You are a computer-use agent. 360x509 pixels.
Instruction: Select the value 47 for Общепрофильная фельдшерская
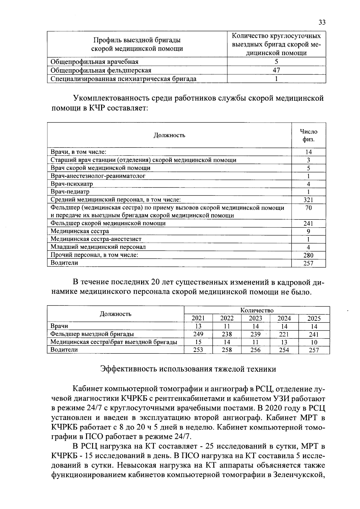(x=276, y=70)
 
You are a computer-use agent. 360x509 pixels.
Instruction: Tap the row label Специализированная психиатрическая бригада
(x=124, y=79)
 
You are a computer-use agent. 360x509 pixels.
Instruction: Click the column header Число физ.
(x=308, y=135)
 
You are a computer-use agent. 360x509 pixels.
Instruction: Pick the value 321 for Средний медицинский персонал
(x=308, y=200)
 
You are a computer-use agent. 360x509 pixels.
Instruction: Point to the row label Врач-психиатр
(x=72, y=184)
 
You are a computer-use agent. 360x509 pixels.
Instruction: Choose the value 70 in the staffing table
(x=308, y=208)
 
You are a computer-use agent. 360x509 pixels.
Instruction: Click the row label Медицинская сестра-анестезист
(x=96, y=239)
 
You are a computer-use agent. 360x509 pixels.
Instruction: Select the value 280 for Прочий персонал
(x=308, y=255)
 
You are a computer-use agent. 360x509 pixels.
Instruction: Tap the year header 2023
(x=256, y=318)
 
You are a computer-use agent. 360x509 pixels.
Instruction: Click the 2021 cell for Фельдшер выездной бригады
(x=198, y=334)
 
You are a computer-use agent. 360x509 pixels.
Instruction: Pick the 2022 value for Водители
(x=227, y=350)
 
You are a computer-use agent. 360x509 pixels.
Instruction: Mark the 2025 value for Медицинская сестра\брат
(x=314, y=342)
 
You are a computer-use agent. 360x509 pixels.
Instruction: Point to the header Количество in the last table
(x=257, y=310)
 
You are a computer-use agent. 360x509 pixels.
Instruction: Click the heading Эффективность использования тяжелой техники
(x=188, y=369)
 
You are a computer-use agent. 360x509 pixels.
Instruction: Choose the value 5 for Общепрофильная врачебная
(x=276, y=62)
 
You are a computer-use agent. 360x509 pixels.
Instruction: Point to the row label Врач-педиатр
(x=70, y=192)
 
